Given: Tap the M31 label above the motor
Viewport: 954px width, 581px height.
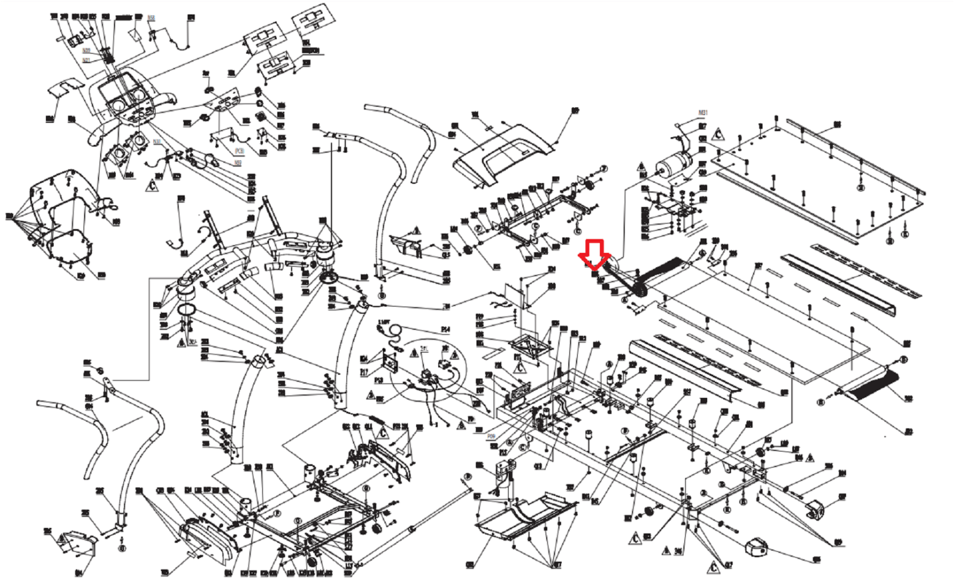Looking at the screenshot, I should tap(703, 113).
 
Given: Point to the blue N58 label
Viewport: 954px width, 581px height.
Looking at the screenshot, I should tap(151, 18).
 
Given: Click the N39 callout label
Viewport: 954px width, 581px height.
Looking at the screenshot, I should tap(87, 51).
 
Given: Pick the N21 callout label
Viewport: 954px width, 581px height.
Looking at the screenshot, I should tap(86, 60).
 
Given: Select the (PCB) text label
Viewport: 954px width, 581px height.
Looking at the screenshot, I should tap(239, 151).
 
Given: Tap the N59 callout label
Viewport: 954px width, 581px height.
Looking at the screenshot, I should tap(238, 163).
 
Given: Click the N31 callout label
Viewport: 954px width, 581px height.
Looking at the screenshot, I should tap(157, 142).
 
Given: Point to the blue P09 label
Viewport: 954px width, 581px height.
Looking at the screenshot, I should tap(491, 436).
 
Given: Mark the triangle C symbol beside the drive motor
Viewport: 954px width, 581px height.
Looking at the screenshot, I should tap(718, 134).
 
